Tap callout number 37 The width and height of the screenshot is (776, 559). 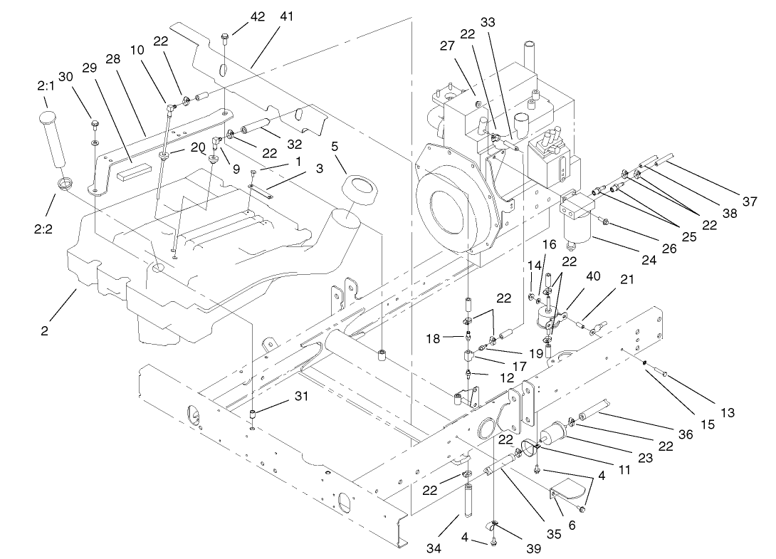[749, 202]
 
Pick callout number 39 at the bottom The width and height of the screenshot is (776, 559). [532, 548]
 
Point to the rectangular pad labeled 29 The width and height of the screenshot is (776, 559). [137, 170]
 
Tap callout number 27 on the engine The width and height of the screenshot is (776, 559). [446, 46]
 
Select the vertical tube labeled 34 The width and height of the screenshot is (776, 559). [469, 501]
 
